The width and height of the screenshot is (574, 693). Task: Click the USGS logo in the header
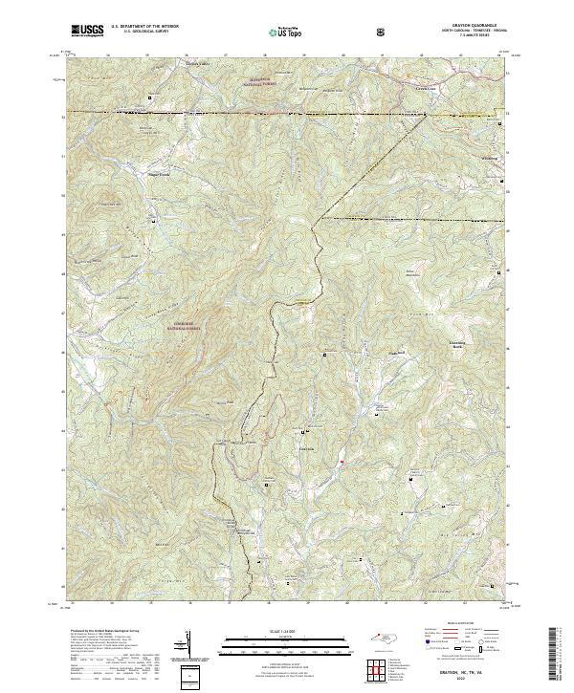point(87,32)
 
